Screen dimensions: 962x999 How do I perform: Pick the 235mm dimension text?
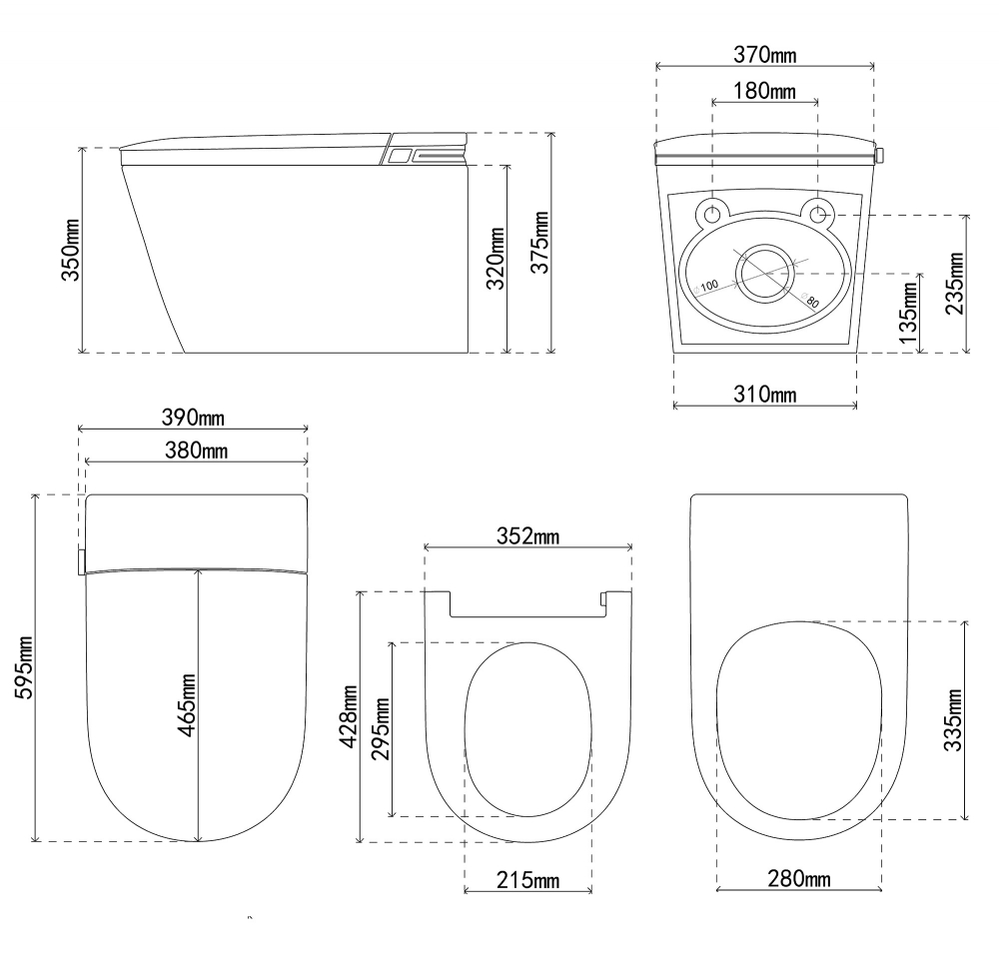(957, 283)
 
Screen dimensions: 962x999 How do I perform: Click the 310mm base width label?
(764, 394)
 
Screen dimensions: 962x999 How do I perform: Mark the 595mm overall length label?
(25, 667)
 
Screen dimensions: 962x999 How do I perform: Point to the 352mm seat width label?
(527, 536)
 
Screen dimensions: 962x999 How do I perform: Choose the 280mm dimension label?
(799, 879)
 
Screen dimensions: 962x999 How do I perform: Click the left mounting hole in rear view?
(713, 214)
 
